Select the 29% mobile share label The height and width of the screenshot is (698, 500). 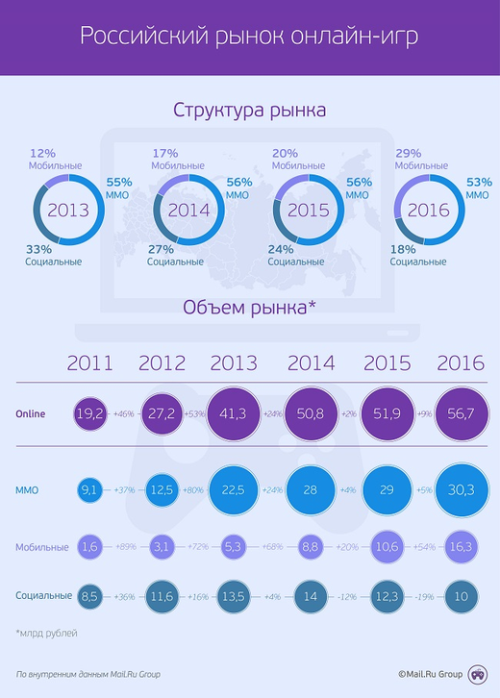(x=408, y=154)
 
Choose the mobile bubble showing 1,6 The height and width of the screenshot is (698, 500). (x=89, y=547)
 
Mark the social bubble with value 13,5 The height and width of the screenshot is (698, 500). (x=234, y=596)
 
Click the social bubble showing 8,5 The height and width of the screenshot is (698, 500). (x=89, y=596)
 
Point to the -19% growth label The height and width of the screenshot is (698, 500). (x=423, y=596)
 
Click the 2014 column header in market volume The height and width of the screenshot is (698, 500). (x=311, y=363)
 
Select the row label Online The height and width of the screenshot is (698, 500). (x=31, y=414)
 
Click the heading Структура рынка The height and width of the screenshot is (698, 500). (x=249, y=110)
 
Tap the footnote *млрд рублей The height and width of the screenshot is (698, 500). (x=45, y=633)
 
